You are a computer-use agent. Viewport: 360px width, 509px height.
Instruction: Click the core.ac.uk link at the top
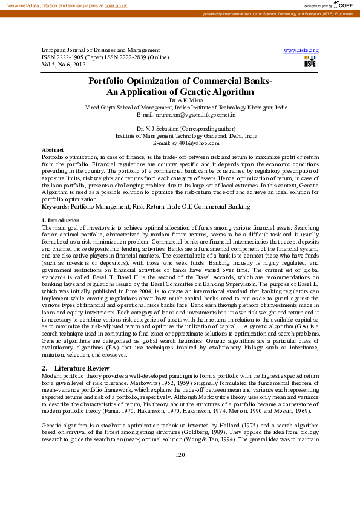tap(116, 5)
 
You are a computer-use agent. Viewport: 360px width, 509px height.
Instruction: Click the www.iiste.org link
tap(301, 50)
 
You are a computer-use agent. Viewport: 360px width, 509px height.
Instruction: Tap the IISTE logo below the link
tap(310, 62)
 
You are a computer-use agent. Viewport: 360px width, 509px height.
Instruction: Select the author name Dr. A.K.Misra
tap(180, 100)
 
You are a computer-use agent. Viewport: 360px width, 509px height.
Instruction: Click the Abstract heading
tap(53, 149)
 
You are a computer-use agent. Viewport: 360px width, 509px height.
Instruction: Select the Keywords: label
tap(55, 207)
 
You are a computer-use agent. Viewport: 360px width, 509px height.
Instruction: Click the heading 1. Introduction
tap(60, 221)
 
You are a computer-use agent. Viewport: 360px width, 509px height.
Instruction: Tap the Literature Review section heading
tap(82, 368)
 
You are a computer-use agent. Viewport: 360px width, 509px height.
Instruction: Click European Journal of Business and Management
tap(100, 50)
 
